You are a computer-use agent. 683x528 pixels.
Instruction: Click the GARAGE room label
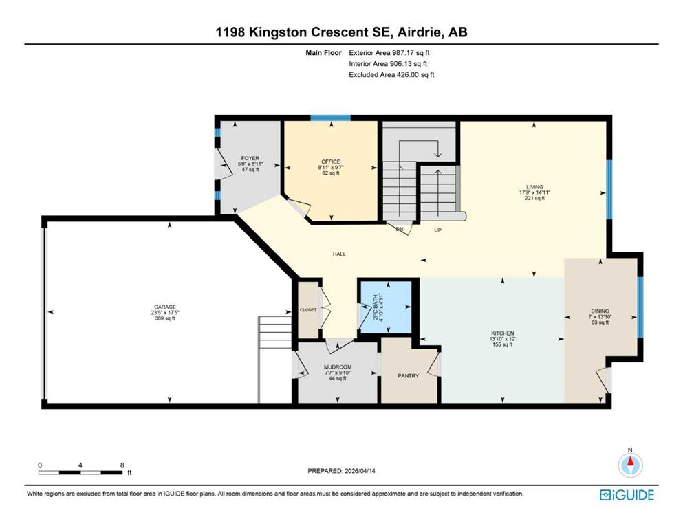(x=164, y=307)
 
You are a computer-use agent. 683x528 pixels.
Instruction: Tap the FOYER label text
(x=250, y=159)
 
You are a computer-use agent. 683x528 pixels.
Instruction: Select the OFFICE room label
(x=331, y=162)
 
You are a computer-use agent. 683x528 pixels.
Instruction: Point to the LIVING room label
(x=534, y=186)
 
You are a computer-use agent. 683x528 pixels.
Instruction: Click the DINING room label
(x=599, y=311)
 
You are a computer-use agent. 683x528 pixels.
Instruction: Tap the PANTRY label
(x=409, y=376)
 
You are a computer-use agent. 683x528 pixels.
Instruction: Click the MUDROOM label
(x=338, y=367)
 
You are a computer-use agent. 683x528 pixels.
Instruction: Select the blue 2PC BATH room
(x=387, y=307)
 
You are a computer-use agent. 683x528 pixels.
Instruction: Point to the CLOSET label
(x=308, y=310)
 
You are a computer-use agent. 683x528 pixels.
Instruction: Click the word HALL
(x=339, y=254)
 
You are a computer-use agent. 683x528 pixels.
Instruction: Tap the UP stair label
(x=437, y=230)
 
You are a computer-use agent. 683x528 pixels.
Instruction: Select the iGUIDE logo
(x=627, y=495)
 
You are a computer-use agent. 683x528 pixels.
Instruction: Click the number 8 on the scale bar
(x=122, y=465)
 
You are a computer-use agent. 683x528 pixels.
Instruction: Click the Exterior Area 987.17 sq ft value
(x=391, y=52)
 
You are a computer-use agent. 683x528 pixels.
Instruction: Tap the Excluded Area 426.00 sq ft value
(x=391, y=74)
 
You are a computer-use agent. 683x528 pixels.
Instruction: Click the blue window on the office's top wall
(x=330, y=118)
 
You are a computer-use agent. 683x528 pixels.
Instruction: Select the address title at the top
(x=341, y=32)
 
